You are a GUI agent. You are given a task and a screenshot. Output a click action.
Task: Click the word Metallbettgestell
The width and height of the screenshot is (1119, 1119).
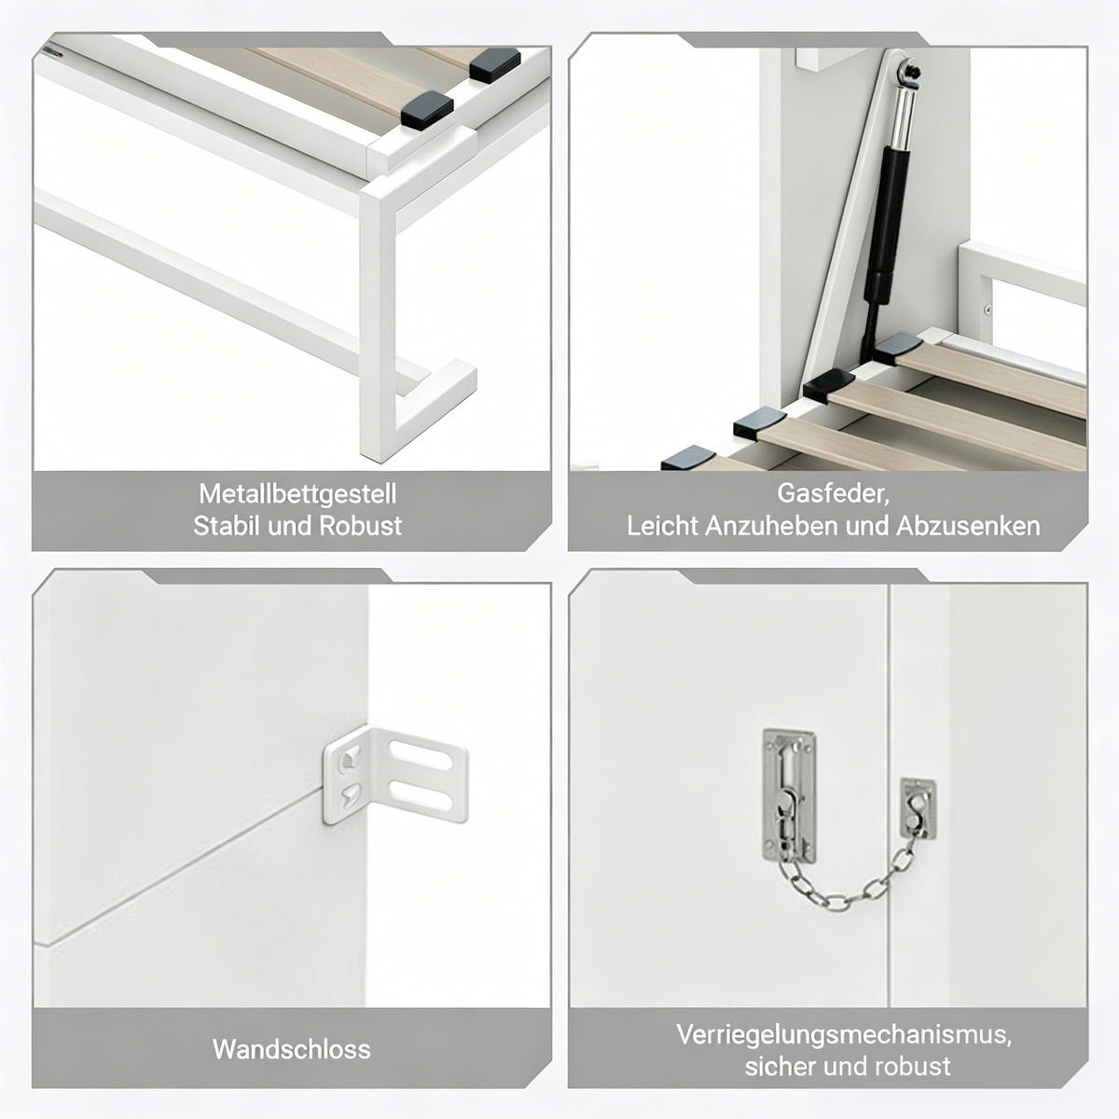pos(297,494)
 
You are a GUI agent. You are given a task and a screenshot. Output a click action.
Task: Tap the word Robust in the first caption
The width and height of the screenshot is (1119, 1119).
pos(360,526)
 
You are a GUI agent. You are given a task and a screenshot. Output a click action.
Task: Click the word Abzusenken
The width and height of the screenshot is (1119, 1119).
pos(968,526)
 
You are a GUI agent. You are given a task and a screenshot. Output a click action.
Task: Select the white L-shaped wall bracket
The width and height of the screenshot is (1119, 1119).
pos(394,775)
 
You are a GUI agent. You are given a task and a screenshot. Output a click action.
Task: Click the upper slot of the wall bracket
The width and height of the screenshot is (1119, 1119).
pos(420,755)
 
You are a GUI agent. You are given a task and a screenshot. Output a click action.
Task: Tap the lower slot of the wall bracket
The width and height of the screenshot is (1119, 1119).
pos(420,794)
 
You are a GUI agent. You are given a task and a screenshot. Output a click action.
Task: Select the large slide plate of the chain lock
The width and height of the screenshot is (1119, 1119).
pos(789,794)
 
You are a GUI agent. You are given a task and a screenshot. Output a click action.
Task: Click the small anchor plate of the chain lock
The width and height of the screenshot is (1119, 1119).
pos(919,808)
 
